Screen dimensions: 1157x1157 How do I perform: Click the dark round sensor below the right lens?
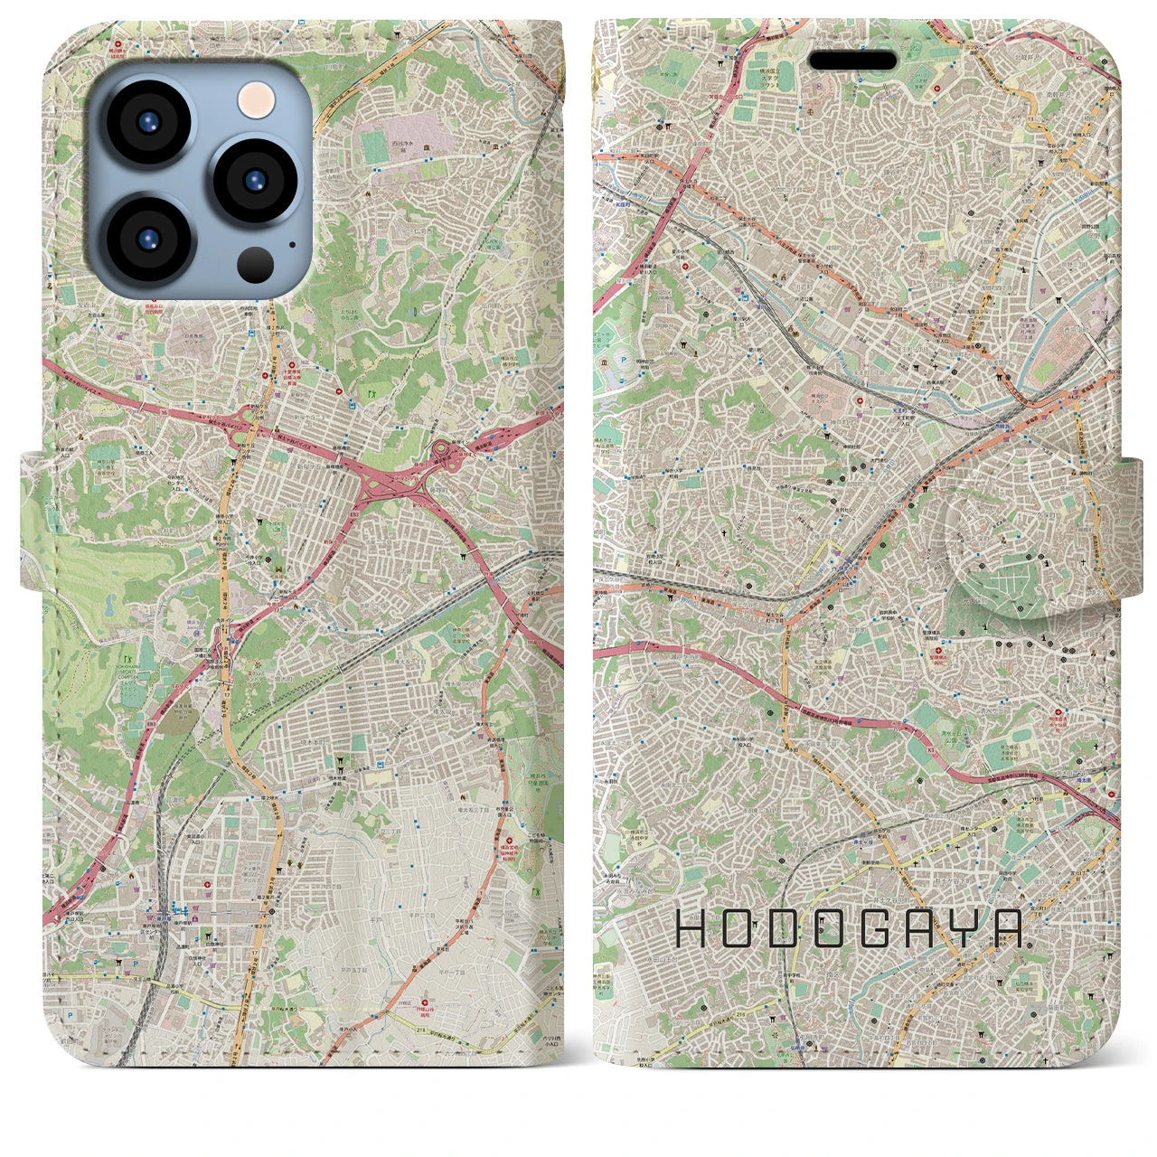257,264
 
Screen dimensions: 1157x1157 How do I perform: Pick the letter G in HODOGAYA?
876,928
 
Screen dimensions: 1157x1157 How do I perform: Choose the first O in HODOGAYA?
741,928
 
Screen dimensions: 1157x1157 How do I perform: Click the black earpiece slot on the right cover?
852,61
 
